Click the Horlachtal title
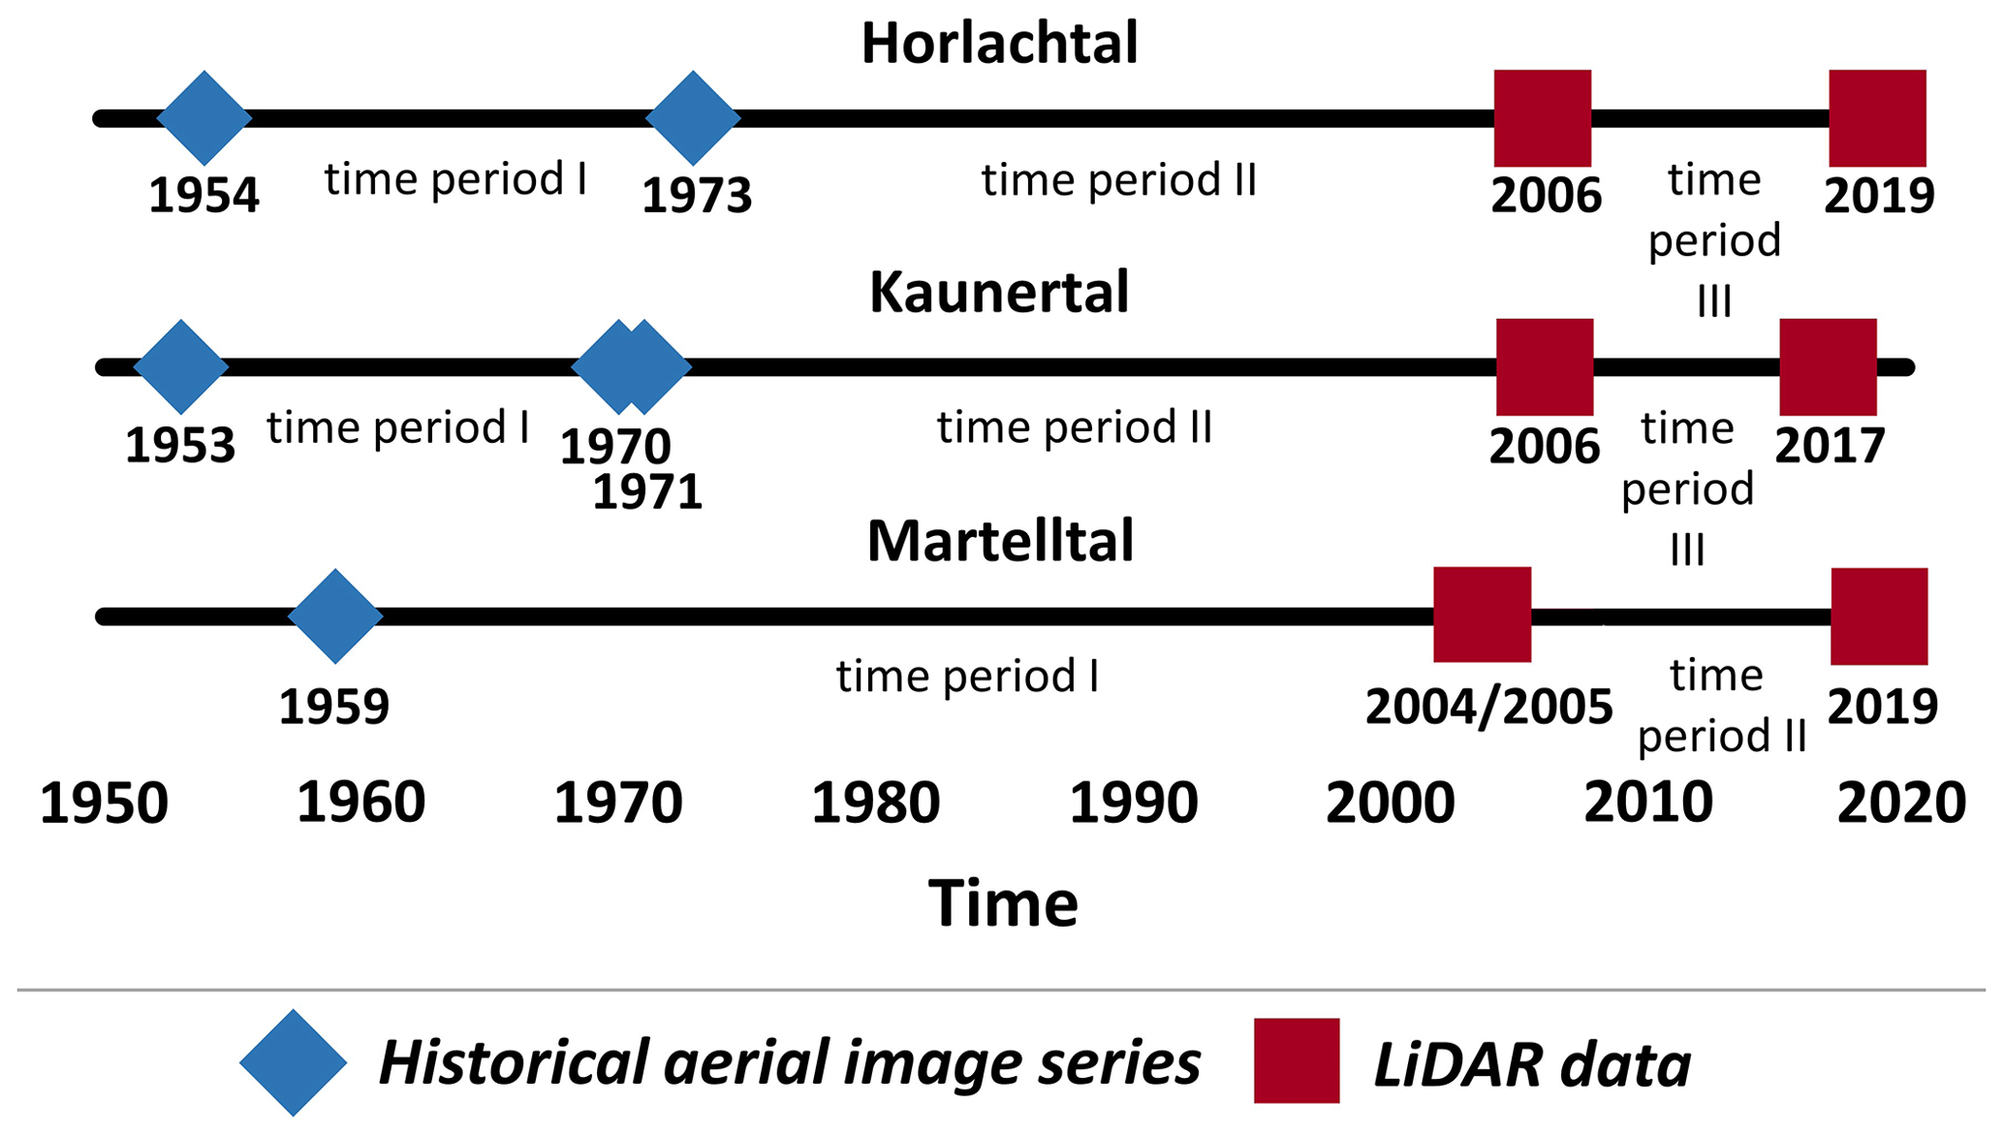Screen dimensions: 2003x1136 [999, 45]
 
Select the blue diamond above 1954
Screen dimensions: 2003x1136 [204, 118]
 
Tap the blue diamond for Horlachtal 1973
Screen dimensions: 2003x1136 [693, 118]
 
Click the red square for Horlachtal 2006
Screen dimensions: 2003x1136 [1543, 118]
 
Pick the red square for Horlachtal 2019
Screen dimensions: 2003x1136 [1878, 118]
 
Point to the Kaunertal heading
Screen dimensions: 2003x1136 [999, 293]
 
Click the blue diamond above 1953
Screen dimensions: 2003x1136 [181, 367]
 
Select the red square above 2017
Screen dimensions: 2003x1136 [1829, 367]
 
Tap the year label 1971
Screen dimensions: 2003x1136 [647, 492]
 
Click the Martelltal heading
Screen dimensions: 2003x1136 [1000, 541]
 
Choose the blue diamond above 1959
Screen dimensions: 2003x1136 [335, 616]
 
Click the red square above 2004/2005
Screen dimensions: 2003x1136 [1483, 615]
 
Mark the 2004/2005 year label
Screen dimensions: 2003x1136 [1489, 707]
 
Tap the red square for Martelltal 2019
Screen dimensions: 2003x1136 [1879, 616]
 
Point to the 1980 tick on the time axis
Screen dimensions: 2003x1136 [876, 804]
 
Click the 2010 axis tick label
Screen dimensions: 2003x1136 [1648, 804]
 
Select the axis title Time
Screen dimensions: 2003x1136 [1003, 903]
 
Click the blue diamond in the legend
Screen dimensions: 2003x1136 [294, 1062]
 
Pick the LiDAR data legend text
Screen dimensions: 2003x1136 [1533, 1064]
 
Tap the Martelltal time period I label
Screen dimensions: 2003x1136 [968, 677]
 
